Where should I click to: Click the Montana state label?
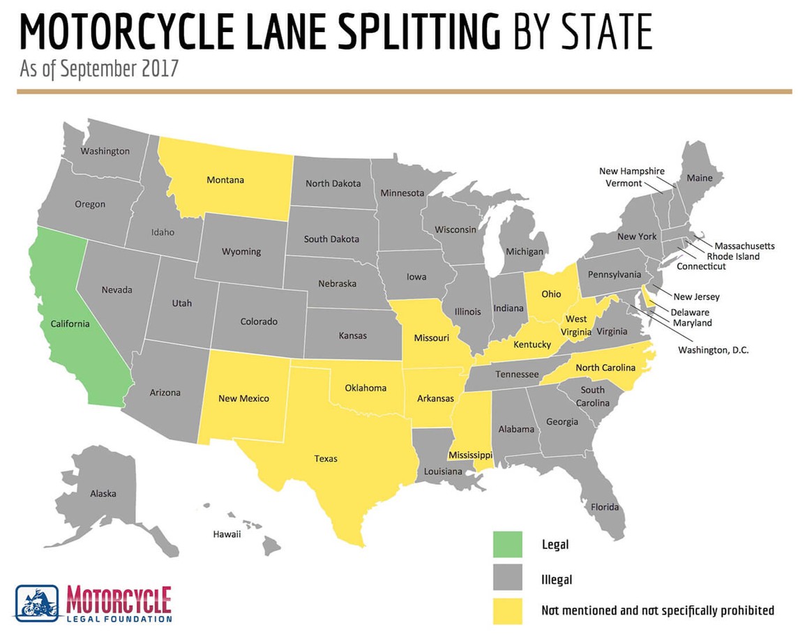[225, 180]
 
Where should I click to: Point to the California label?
[70, 324]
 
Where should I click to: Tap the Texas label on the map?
[326, 458]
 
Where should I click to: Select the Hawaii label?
[227, 534]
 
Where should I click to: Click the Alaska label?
[103, 494]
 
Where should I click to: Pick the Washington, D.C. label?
[713, 350]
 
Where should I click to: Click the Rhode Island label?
[732, 257]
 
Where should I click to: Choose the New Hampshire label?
[631, 171]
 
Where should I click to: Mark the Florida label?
[605, 507]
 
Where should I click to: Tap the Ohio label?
[551, 294]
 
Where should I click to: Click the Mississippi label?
[470, 455]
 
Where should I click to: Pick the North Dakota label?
[333, 183]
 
